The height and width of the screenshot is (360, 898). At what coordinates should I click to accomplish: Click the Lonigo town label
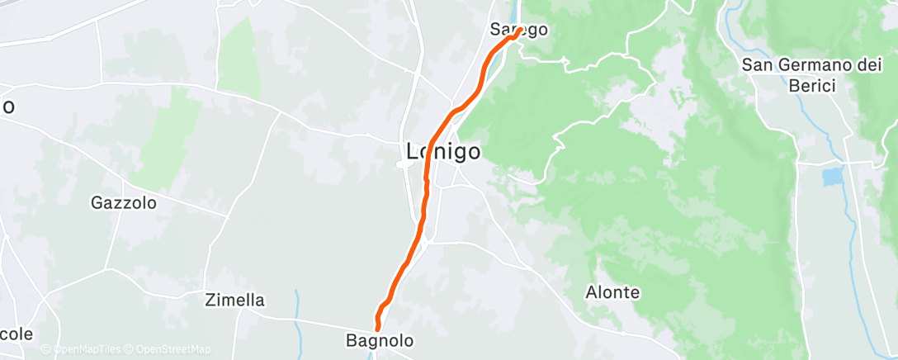tap(444, 151)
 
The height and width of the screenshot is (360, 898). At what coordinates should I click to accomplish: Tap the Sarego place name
tap(518, 29)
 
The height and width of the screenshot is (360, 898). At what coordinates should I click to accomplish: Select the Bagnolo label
tap(379, 340)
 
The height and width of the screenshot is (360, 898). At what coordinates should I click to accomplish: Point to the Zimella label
tap(234, 301)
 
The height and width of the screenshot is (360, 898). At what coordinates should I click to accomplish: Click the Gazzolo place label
tap(124, 201)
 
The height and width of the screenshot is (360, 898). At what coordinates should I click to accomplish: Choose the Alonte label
tap(612, 292)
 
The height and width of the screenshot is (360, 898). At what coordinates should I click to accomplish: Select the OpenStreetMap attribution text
tap(173, 349)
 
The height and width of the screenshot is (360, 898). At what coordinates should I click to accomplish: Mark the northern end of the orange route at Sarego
tap(518, 33)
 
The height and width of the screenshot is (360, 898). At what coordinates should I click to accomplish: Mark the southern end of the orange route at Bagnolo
tap(378, 330)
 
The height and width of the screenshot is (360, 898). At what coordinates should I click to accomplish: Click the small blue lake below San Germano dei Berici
tap(834, 176)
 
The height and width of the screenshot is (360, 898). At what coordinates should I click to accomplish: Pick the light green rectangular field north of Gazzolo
tap(240, 56)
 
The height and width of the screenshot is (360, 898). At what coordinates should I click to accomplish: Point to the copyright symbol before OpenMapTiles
tap(46, 349)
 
